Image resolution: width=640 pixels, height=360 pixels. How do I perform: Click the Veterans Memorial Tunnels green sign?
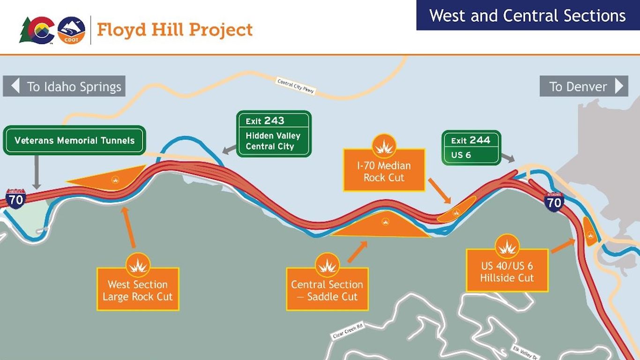coord(74,140)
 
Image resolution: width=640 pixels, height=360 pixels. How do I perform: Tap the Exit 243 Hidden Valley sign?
coord(274,134)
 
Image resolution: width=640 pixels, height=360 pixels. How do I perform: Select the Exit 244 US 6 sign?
coord(471,148)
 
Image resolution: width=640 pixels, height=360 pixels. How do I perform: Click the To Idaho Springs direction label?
coord(64,86)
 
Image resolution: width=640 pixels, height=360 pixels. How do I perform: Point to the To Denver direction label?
coord(584,86)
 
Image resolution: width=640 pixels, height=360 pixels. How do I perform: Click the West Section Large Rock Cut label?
coord(138,289)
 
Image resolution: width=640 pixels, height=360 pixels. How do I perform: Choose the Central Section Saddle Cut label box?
coord(327,289)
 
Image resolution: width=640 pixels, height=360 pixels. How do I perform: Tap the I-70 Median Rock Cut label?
coord(384,171)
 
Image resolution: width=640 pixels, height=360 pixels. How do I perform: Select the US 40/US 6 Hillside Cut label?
coord(507,271)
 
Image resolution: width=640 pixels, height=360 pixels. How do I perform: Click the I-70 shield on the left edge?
coord(16,199)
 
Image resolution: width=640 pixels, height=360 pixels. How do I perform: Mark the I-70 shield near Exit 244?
coord(554,201)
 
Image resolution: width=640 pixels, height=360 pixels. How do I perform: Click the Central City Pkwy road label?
coord(296,86)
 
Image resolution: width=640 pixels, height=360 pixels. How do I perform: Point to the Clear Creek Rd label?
coord(348,331)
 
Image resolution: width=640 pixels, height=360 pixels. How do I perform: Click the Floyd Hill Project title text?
coord(174,30)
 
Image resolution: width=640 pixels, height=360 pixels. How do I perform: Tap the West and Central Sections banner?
coord(528,15)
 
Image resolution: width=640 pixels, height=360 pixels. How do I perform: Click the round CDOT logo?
coord(71,30)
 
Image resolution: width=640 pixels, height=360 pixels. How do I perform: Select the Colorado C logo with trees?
coord(38,30)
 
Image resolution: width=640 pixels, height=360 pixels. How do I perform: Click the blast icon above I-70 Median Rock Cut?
coord(384,146)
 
